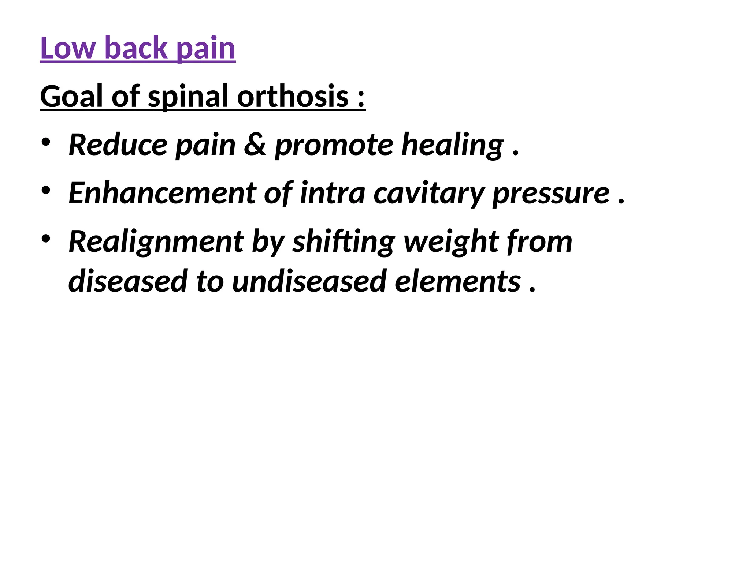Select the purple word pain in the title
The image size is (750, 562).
206,49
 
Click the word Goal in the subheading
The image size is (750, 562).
71,96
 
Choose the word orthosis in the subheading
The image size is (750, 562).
293,96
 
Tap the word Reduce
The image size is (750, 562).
118,145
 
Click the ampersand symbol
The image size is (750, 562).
255,145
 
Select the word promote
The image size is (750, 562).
334,146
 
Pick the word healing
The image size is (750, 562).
453,146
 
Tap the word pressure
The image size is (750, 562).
551,194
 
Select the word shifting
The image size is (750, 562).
344,242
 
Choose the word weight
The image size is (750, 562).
450,242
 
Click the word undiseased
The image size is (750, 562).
309,281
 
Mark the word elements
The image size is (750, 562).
457,281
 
